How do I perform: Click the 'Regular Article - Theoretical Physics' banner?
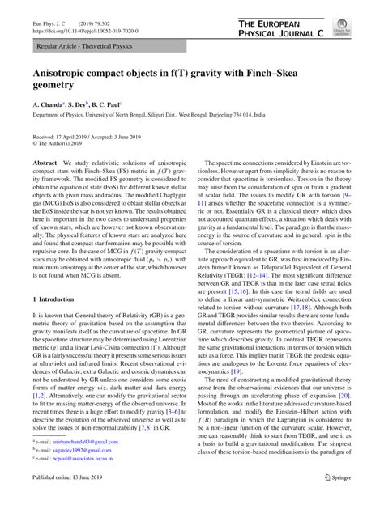(80, 49)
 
